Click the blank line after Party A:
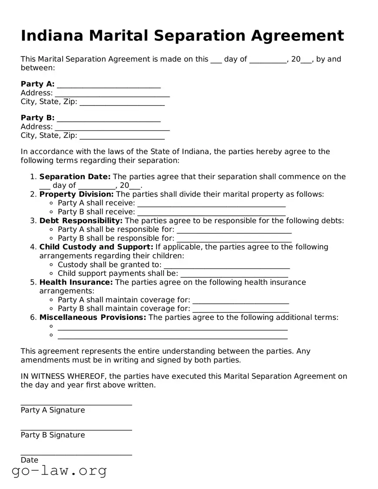pyautogui.click(x=108, y=85)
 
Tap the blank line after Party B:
pyautogui.click(x=108, y=119)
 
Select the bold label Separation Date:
pyautogui.click(x=75, y=177)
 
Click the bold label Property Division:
pyautogui.click(x=77, y=194)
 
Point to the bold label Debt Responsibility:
pyautogui.click(x=81, y=221)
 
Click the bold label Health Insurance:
pyautogui.click(x=76, y=282)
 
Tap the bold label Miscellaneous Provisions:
pyautogui.click(x=93, y=318)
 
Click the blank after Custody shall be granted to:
pyautogui.click(x=226, y=266)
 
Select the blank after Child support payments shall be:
pyautogui.click(x=234, y=275)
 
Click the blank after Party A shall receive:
pyautogui.click(x=211, y=204)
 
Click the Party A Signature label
pyautogui.click(x=53, y=410)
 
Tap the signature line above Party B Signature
pyautogui.click(x=76, y=429)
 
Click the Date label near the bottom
pyautogui.click(x=30, y=460)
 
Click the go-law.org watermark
pyautogui.click(x=59, y=471)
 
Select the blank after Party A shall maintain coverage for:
pyautogui.click(x=240, y=301)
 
